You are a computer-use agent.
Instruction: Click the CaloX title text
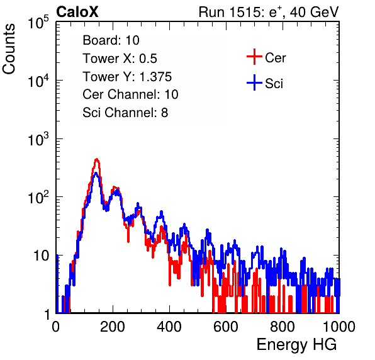[77, 12]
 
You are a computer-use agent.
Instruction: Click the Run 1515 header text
[269, 12]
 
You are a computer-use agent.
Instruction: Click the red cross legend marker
[254, 57]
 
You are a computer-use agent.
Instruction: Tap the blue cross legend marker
[254, 82]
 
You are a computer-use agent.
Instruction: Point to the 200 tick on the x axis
[113, 327]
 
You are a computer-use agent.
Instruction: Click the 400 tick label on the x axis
[169, 327]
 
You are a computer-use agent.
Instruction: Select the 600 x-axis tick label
[226, 327]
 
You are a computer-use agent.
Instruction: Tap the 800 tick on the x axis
[283, 327]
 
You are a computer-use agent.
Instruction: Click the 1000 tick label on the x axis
[339, 327]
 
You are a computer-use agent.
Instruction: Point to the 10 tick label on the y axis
[41, 256]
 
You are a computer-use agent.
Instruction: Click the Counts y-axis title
[9, 49]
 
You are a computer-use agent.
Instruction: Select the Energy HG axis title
[296, 345]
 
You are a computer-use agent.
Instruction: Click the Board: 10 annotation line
[111, 40]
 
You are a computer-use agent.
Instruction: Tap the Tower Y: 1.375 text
[127, 77]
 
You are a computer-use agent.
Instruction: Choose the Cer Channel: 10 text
[130, 94]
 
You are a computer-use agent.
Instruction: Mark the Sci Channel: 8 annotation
[125, 113]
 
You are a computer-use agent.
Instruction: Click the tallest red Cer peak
[96, 159]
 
